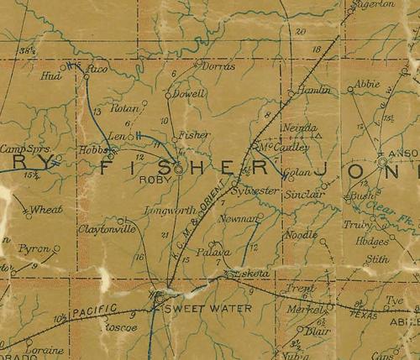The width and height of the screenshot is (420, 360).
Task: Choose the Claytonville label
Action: click(107, 227)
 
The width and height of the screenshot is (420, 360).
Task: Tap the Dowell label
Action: click(191, 95)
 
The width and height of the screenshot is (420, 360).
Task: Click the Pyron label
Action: click(39, 250)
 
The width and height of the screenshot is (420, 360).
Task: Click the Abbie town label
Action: click(367, 85)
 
